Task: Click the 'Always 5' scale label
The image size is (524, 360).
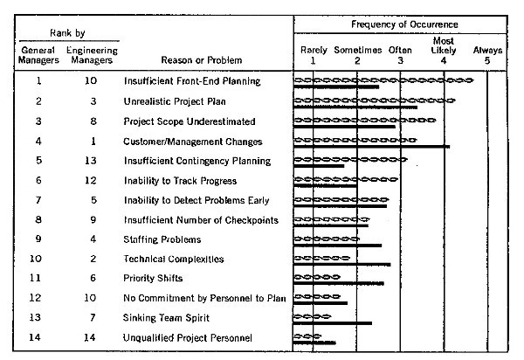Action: [x=487, y=55]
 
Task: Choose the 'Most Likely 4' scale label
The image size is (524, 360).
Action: [x=443, y=50]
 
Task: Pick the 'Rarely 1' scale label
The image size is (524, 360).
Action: [x=314, y=55]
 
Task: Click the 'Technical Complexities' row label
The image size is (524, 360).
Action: [x=174, y=259]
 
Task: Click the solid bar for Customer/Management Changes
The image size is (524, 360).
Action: [x=372, y=147]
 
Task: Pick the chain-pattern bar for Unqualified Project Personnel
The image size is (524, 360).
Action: [x=308, y=336]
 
